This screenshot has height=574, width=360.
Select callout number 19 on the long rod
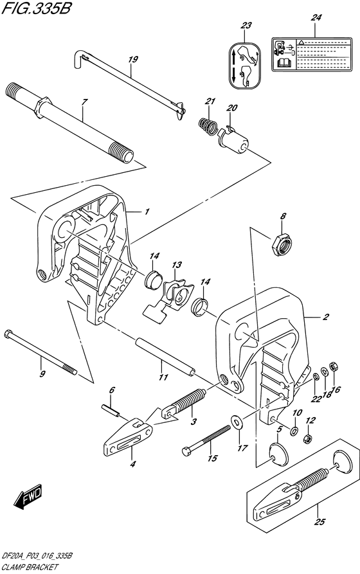point(132,60)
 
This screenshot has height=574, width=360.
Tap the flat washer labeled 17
point(239,422)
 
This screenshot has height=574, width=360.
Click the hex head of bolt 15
point(187,451)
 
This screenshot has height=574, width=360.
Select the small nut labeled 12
point(307,439)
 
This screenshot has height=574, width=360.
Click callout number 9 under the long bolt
point(42,374)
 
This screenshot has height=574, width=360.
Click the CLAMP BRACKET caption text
point(31,568)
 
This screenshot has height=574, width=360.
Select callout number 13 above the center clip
point(177,265)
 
